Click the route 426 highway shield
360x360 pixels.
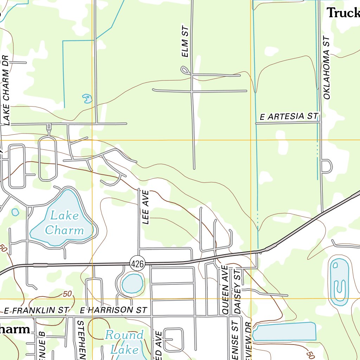pyautogui.click(x=137, y=264)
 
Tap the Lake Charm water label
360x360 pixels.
pyautogui.click(x=64, y=223)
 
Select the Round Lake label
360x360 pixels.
pyautogui.click(x=124, y=342)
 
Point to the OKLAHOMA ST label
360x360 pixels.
pyautogui.click(x=327, y=67)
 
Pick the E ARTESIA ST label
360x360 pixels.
pyautogui.click(x=289, y=116)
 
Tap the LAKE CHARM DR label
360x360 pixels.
pyautogui.click(x=6, y=90)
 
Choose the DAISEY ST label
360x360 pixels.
pyautogui.click(x=237, y=291)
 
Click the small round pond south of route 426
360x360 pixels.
pyautogui.click(x=132, y=283)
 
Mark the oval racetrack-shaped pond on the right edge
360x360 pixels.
pyautogui.click(x=339, y=282)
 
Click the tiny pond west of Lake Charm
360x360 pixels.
pyautogui.click(x=15, y=212)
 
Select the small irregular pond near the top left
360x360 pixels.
pyautogui.click(x=87, y=98)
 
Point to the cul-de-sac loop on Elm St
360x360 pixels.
pyautogui.click(x=185, y=70)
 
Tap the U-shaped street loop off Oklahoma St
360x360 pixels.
pyautogui.click(x=327, y=166)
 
